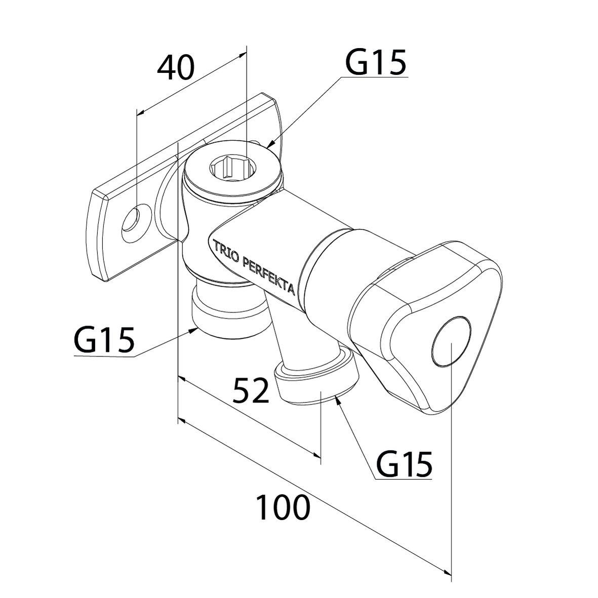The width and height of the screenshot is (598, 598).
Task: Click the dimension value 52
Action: pyautogui.click(x=251, y=390)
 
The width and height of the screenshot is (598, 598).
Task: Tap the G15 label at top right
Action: pyautogui.click(x=376, y=63)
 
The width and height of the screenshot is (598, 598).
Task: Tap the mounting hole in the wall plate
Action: pyautogui.click(x=134, y=221)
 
